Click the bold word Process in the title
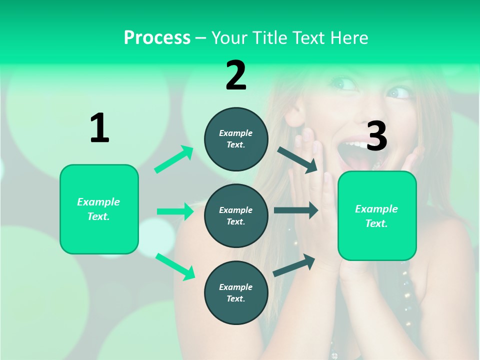pos(157,38)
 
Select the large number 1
pos(99,128)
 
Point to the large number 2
pos(236,75)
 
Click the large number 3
pos(377,136)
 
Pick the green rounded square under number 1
pos(99,209)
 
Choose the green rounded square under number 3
pos(377,215)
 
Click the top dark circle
pos(236,139)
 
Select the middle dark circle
pos(236,215)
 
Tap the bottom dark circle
pos(236,292)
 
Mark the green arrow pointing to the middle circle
pos(175,211)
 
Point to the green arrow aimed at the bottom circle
pos(175,266)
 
